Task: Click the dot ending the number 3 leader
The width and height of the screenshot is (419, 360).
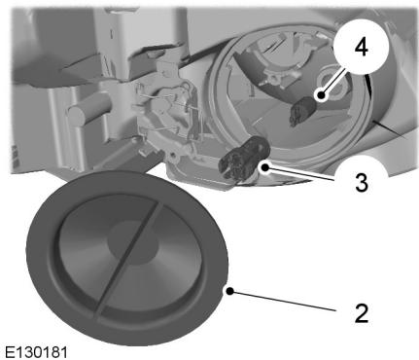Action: pyautogui.click(x=265, y=168)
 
